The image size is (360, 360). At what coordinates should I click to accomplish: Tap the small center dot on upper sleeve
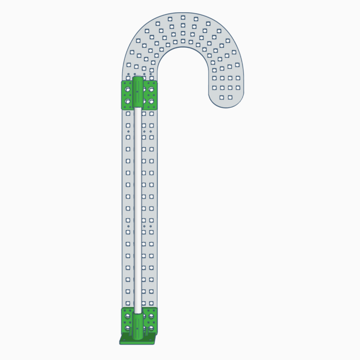(x=137, y=92)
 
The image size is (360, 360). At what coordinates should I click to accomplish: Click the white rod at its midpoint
(x=138, y=209)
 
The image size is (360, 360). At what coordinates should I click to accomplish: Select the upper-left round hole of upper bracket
(x=127, y=89)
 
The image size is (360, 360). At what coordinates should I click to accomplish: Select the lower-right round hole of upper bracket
(x=151, y=101)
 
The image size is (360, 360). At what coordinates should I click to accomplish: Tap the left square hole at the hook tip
(x=222, y=97)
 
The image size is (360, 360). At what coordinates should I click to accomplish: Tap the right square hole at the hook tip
(x=230, y=97)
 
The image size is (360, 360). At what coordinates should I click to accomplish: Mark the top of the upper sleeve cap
(x=137, y=78)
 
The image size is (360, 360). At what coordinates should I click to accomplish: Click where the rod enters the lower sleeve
(x=138, y=313)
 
